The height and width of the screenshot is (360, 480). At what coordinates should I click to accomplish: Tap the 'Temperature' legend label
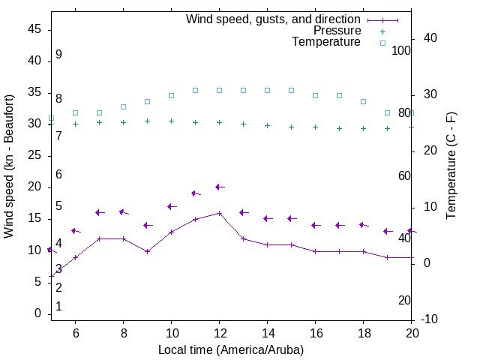point(326,42)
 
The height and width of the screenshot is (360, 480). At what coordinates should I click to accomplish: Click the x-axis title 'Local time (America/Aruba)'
point(231,349)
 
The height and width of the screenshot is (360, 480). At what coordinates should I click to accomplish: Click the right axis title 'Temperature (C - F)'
point(451,166)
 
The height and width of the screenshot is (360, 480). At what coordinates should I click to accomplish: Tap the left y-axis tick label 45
point(34,29)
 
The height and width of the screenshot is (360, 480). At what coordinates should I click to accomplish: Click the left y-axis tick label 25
point(34,155)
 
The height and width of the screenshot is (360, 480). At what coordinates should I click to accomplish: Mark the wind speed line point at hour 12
point(219,213)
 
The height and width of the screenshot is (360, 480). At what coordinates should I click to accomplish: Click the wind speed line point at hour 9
point(147,251)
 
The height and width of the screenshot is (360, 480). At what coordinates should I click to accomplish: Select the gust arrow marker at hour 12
point(219,187)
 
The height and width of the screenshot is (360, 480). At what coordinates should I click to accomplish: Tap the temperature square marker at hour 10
point(171,95)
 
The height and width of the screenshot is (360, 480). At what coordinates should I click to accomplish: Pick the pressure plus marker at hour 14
point(267,125)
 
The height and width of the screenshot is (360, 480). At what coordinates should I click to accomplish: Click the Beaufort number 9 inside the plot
point(58,55)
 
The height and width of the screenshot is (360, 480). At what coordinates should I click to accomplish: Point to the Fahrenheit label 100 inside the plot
point(401,50)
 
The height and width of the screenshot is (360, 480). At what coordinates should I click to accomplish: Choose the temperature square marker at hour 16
point(315,95)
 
